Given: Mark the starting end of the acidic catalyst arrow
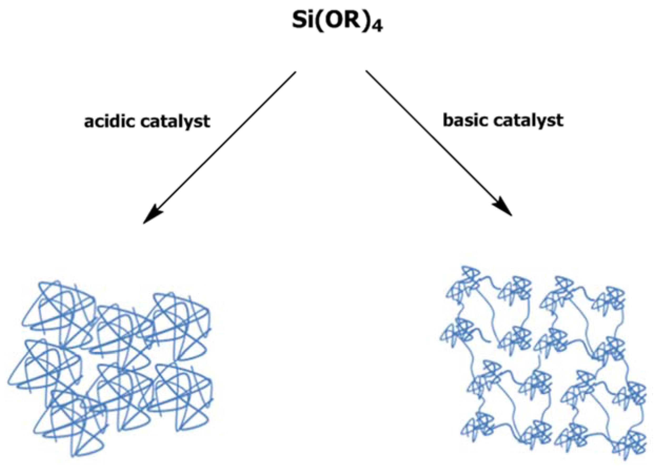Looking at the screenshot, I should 295,72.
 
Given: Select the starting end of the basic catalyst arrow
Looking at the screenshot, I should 366,71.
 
